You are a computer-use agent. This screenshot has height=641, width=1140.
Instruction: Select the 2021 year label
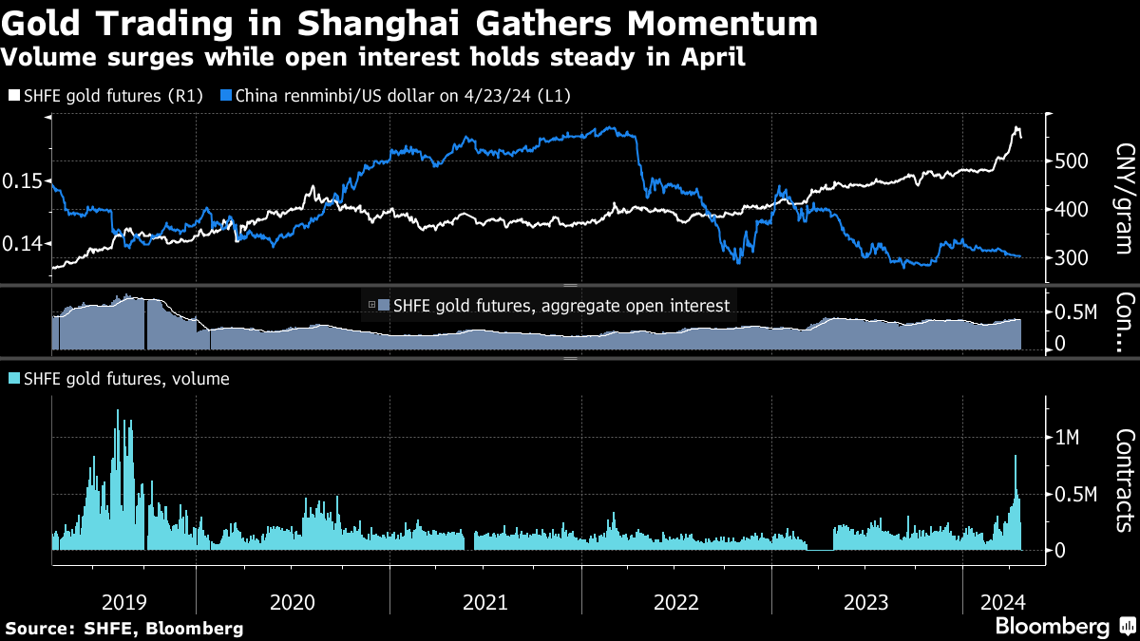click(x=485, y=601)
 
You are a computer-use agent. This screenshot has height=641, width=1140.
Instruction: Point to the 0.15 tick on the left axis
click(x=22, y=180)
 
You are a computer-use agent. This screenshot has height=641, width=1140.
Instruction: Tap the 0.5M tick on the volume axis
click(x=1077, y=494)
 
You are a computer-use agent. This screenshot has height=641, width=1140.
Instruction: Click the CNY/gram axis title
click(x=1125, y=203)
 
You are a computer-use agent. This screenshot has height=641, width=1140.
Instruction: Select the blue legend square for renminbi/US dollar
click(x=225, y=96)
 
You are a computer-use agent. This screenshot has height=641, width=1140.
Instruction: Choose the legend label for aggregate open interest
click(x=561, y=306)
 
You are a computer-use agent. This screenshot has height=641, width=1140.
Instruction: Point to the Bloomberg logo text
click(x=1052, y=626)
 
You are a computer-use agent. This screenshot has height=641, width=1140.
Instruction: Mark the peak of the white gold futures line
click(x=1016, y=127)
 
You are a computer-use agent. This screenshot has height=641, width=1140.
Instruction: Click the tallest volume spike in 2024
click(x=1016, y=457)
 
